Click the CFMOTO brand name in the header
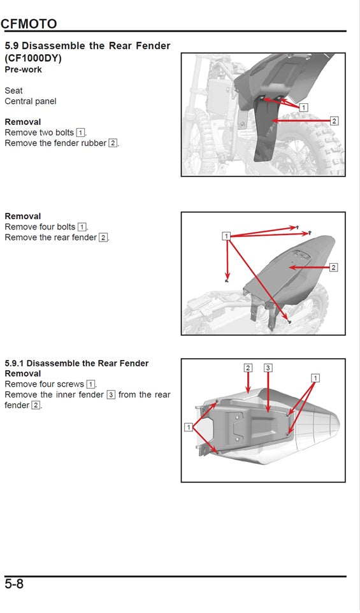[29, 24]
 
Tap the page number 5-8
[14, 584]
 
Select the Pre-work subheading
[23, 69]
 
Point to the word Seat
[13, 91]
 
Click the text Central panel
[31, 101]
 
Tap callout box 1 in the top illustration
[303, 108]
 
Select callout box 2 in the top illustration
[334, 120]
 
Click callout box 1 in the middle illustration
[226, 236]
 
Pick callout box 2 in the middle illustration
[333, 267]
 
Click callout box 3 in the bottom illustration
[268, 368]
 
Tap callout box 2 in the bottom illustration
[248, 368]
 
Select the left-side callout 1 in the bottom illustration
[189, 427]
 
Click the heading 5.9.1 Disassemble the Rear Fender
[76, 363]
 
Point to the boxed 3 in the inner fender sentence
[111, 395]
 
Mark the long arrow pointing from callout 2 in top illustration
[303, 120]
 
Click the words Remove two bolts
[40, 133]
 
